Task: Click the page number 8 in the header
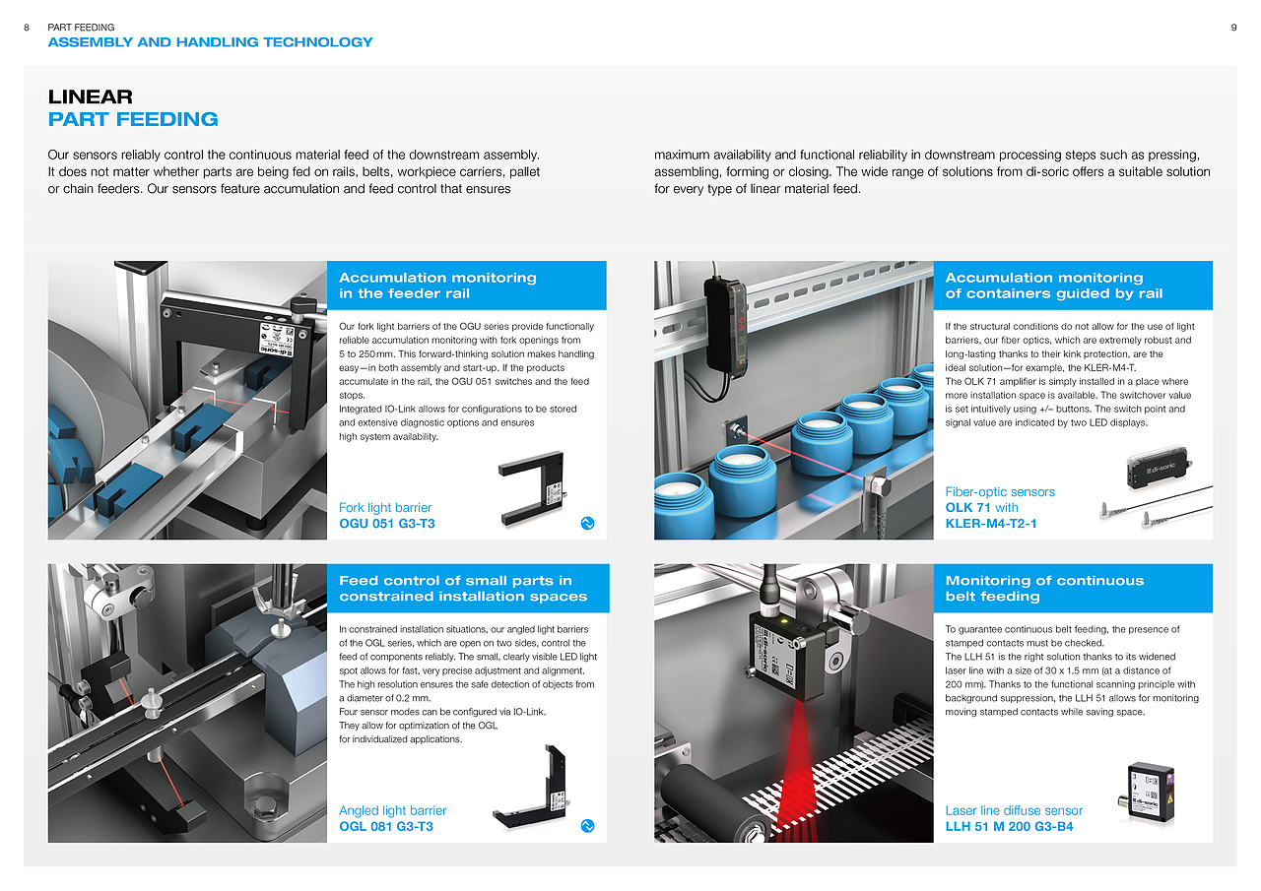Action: [27, 28]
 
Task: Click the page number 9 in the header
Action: [1233, 28]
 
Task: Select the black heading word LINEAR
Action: [90, 96]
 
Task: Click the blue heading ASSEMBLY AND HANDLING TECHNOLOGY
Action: [210, 42]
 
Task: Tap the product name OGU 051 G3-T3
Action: [387, 524]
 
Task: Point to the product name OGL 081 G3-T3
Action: [386, 826]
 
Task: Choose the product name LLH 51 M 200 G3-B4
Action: [1009, 826]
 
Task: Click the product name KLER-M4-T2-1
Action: [991, 524]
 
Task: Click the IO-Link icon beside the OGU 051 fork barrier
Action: [587, 523]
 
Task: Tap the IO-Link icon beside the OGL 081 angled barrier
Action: [587, 826]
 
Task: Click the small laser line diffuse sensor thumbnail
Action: [1146, 793]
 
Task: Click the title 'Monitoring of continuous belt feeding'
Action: [1044, 589]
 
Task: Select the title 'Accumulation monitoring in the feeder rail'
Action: [437, 286]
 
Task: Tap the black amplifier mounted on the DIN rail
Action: [725, 326]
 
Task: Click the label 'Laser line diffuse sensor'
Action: [1014, 810]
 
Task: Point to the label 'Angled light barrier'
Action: [392, 810]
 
